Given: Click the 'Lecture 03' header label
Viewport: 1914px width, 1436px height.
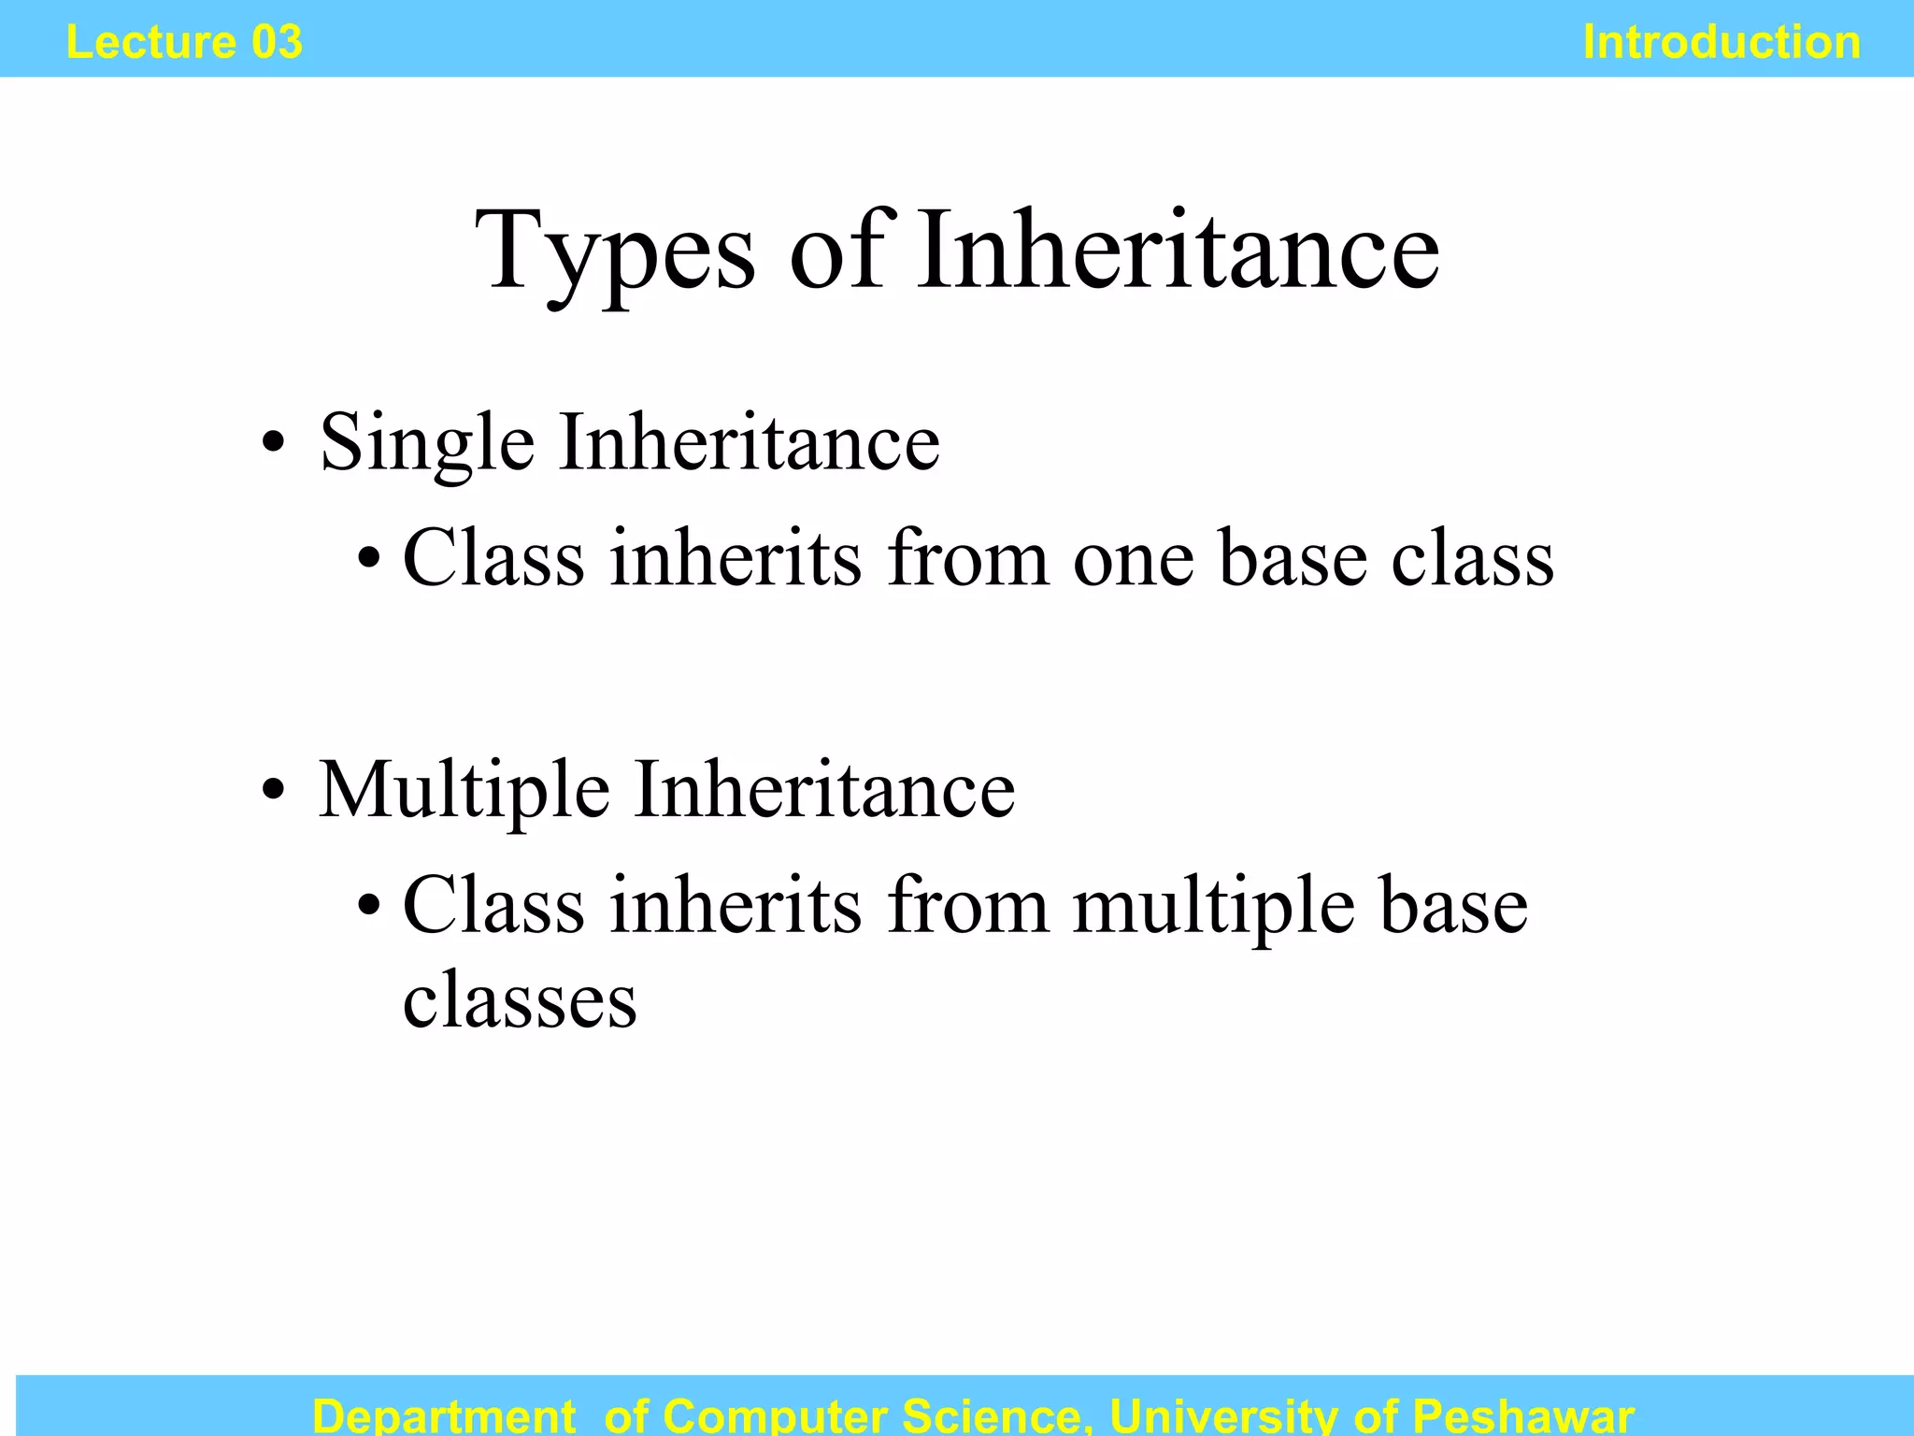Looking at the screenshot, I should coord(184,42).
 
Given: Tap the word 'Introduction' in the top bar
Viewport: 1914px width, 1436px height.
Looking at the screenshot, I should coord(1721,42).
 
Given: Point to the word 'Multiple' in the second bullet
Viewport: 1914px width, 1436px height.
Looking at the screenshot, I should coord(464,791).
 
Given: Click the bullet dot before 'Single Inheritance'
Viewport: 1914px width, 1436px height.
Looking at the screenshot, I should coord(272,444).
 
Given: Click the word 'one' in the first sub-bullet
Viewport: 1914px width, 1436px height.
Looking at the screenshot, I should coord(1134,560).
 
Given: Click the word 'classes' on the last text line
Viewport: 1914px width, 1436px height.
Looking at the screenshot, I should coord(520,1001).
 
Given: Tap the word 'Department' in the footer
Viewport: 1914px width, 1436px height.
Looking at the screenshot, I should coord(443,1415).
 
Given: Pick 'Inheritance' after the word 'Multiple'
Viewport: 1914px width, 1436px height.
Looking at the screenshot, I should coord(824,791).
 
